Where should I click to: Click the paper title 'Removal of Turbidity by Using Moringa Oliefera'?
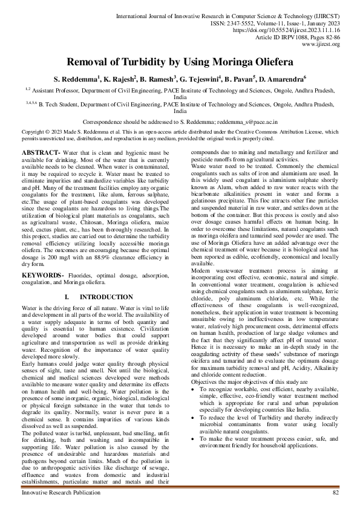pyautogui.click(x=180, y=62)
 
